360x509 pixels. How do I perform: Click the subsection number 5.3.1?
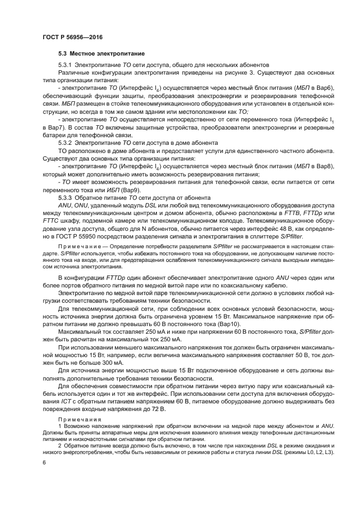click(x=65, y=65)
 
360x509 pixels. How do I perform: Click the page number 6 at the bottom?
click(x=44, y=463)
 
